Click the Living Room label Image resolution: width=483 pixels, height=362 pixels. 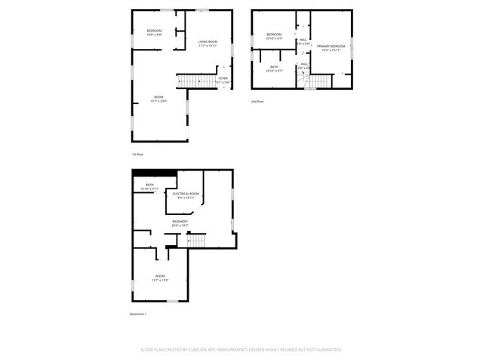click(x=208, y=43)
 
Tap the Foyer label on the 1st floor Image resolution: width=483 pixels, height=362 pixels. click(x=223, y=79)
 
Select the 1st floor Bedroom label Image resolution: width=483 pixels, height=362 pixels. click(x=154, y=32)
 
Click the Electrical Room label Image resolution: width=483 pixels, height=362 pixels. click(x=186, y=195)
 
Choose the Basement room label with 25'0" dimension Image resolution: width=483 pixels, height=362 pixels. click(x=180, y=223)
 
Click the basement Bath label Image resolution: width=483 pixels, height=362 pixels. click(x=149, y=187)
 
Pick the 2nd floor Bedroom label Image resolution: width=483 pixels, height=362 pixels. click(x=274, y=35)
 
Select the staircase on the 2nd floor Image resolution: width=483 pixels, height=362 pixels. click(x=320, y=81)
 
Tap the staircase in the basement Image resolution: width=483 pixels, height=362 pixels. click(x=195, y=240)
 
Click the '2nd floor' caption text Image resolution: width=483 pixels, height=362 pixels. click(x=257, y=101)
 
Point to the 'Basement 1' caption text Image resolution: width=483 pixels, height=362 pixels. click(x=138, y=314)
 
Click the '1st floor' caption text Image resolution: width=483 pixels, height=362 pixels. click(x=137, y=155)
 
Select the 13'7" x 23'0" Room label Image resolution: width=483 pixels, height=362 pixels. click(x=158, y=99)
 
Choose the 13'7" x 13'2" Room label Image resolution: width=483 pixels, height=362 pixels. click(x=160, y=278)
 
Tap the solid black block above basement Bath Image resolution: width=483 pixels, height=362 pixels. click(x=155, y=173)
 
